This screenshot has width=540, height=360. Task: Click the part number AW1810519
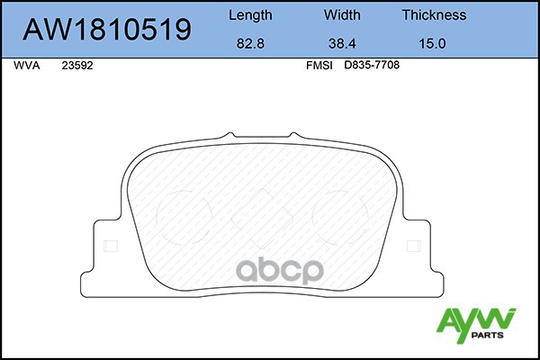[x=107, y=30]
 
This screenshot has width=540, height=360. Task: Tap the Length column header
[x=250, y=15]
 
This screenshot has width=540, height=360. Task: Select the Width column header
[x=342, y=14]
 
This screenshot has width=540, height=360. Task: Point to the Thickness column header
[x=434, y=14]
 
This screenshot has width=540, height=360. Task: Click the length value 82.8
[x=250, y=43]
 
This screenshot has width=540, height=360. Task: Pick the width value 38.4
[x=342, y=43]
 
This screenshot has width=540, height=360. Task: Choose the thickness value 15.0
[x=432, y=43]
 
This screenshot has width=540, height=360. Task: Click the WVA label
[x=27, y=66]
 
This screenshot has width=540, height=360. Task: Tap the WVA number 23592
[x=77, y=66]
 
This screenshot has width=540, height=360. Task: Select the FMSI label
[x=319, y=66]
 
